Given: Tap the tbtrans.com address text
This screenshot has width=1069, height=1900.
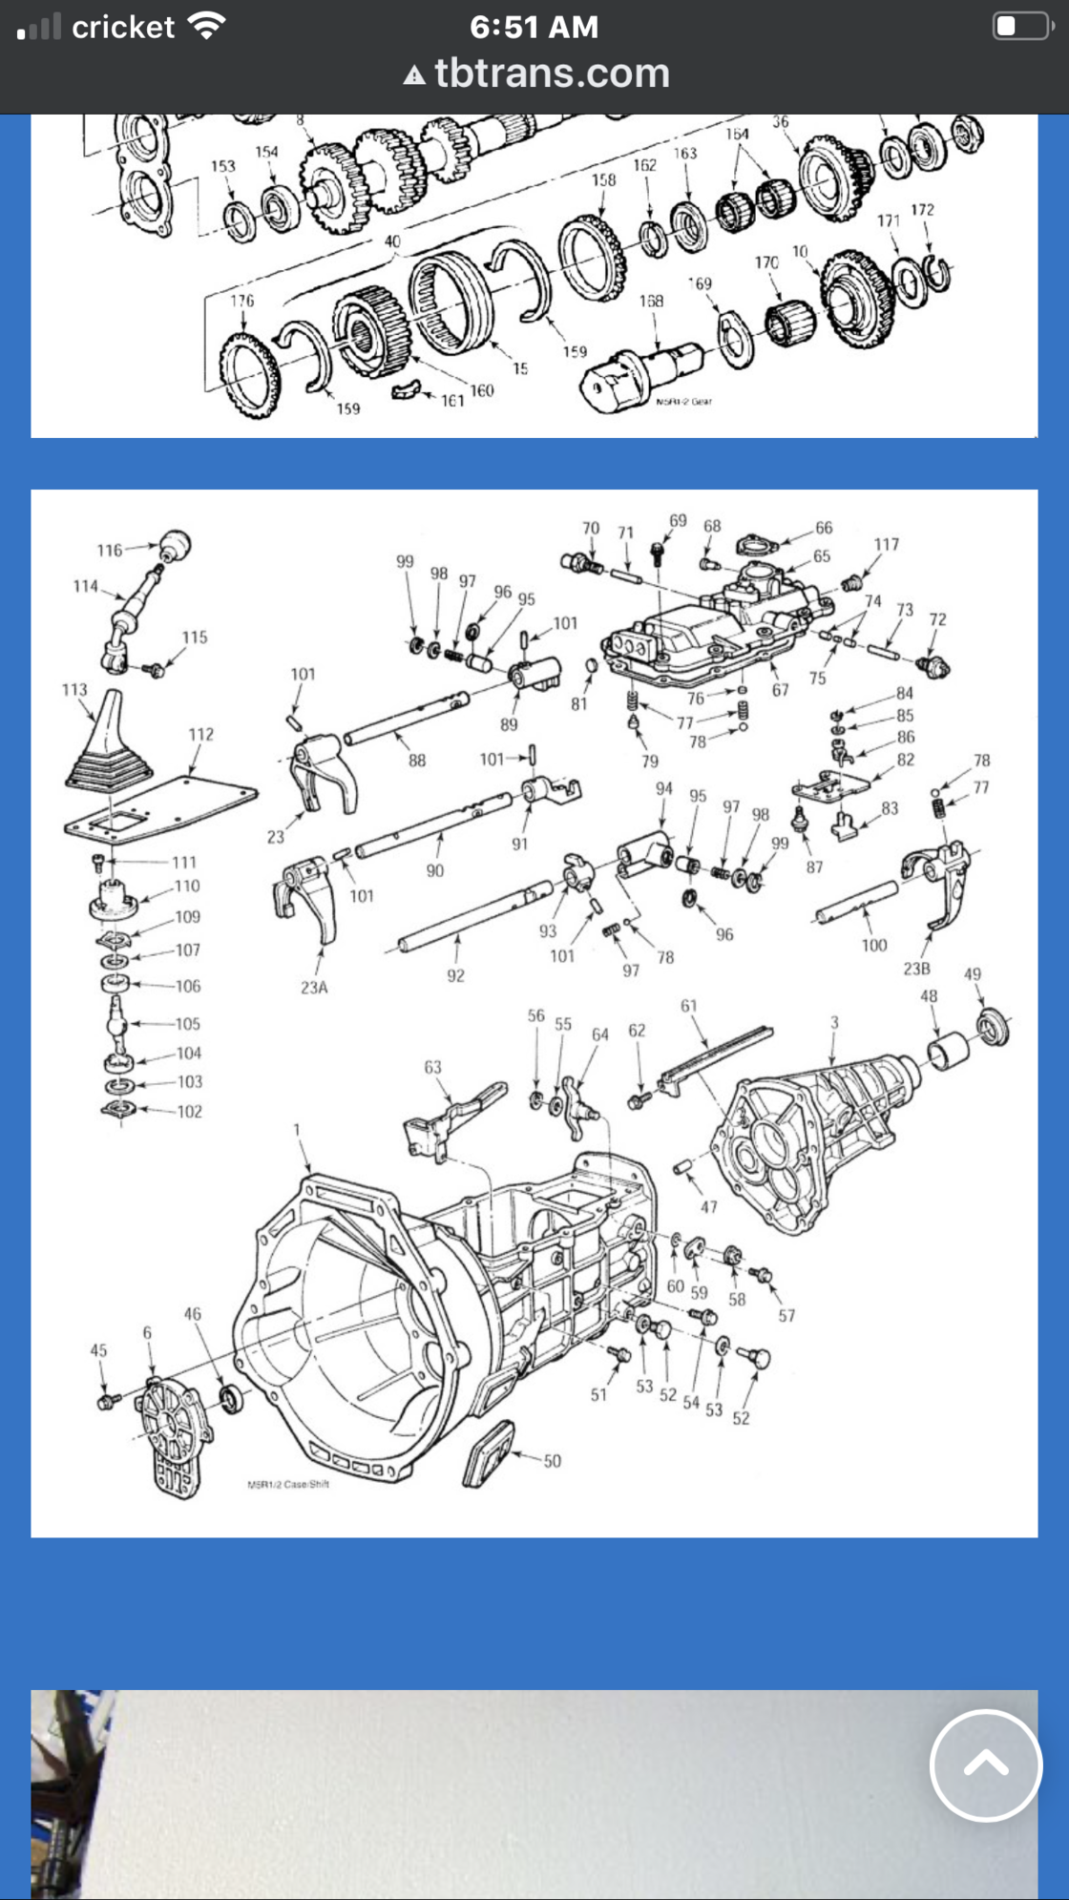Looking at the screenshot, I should pos(552,73).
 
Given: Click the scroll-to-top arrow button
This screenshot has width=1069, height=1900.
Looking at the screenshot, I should pos(985,1765).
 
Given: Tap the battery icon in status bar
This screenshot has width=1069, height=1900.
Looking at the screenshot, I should pos(1021,26).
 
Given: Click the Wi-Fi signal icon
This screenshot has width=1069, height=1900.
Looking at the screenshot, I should pos(206,26).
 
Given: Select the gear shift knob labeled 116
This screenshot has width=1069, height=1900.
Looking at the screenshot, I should pos(175,546).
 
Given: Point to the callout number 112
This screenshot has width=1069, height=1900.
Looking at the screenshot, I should pos(200,734).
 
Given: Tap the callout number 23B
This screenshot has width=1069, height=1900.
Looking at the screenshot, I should pos(916,969).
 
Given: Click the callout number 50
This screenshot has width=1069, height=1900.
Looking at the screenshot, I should pos(553,1461).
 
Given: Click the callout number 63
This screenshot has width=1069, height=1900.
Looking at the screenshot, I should pos(432,1067).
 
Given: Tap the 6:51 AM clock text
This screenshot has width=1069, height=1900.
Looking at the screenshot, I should pos(534,27).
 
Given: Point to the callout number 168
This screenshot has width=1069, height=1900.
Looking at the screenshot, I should pos(651,301).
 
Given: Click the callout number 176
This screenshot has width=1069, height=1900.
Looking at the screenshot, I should pos(242,301).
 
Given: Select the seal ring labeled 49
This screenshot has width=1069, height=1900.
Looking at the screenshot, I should pos(994,1026).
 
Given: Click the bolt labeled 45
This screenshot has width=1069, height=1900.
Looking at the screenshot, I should pos(106,1401).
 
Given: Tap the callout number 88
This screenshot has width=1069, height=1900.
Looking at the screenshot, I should pos(417,761).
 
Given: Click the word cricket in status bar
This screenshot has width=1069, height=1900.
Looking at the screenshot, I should pos(123,28).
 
